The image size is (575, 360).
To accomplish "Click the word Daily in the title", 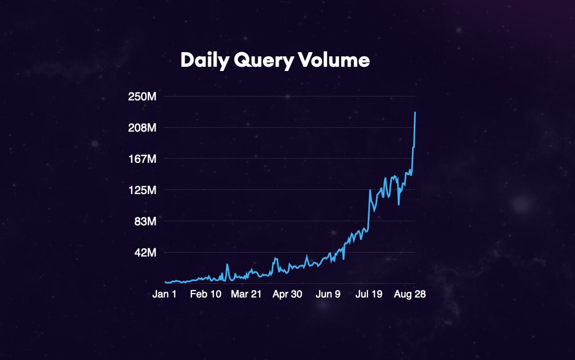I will coord(204,61).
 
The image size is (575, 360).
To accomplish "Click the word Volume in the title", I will coord(334,61).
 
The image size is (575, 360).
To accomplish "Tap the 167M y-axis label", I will coord(143,159).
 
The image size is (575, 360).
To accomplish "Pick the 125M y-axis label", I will coord(143,190).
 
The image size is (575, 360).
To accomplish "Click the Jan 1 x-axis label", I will coord(164,294).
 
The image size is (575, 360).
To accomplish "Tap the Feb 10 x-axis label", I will coord(205,294).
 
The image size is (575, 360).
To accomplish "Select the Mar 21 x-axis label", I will coord(246,294).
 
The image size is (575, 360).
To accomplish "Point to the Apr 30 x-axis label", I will coord(287,294).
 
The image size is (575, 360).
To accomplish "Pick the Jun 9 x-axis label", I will coord(328,294).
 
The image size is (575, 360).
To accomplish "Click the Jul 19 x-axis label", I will coord(369,294).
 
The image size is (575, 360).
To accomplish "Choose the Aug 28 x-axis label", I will coord(410,294).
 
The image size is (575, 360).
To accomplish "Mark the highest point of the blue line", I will coord(415,112).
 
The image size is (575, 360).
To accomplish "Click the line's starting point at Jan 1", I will coord(165,282).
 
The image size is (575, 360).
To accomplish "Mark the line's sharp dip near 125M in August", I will coord(399,205).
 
